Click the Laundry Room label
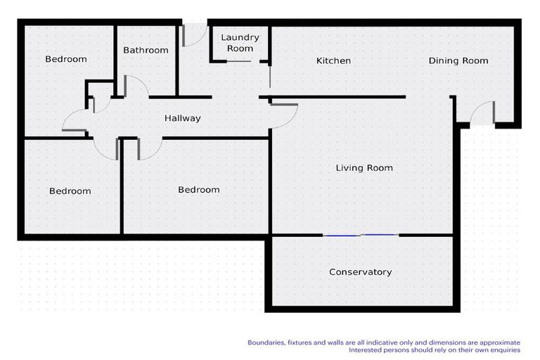click(240, 43)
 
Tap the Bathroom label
click(146, 51)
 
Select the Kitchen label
click(333, 60)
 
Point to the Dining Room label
click(458, 60)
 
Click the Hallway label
click(183, 118)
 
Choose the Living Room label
click(364, 168)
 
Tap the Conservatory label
click(360, 272)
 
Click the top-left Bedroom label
click(66, 59)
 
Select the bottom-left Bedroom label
click(70, 191)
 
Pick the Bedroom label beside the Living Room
click(199, 189)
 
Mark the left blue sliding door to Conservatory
click(342, 236)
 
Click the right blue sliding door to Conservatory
click(380, 235)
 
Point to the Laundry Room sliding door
click(238, 61)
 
